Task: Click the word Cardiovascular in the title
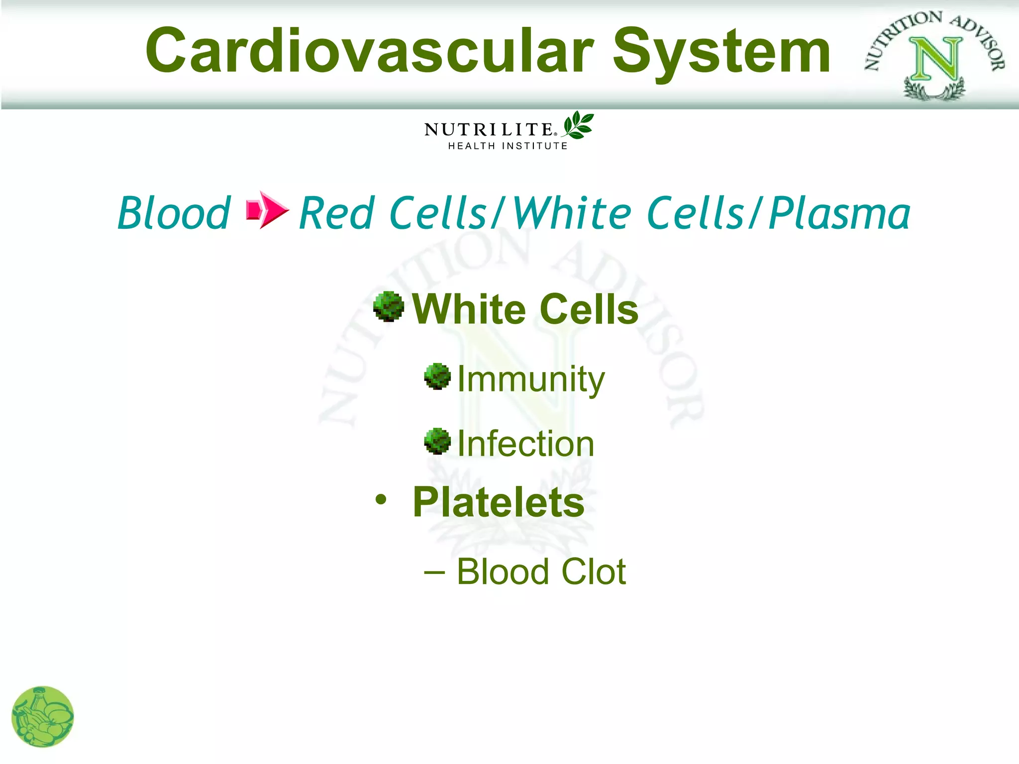tap(370, 51)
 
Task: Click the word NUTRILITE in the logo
tap(488, 130)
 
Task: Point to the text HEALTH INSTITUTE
tap(508, 146)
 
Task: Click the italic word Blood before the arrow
tap(174, 213)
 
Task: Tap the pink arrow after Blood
tap(267, 210)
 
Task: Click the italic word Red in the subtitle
tap(336, 213)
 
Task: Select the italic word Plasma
tap(839, 213)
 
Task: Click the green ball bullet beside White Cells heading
tap(389, 306)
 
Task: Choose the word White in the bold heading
tap(469, 309)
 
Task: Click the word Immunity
tap(530, 380)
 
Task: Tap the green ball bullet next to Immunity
tap(437, 377)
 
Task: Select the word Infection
tap(525, 444)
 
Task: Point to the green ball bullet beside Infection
tap(437, 441)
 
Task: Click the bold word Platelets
tap(499, 502)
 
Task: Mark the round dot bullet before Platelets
tap(381, 499)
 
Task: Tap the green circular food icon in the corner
tap(43, 717)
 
